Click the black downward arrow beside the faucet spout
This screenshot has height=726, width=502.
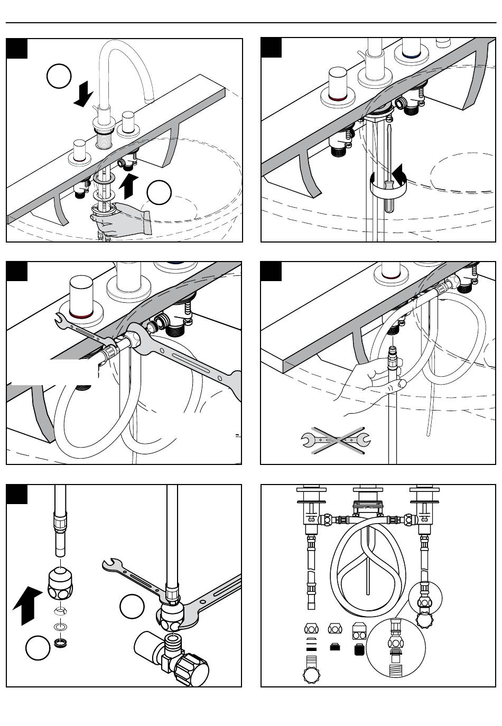(83, 95)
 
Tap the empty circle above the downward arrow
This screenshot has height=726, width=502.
(59, 77)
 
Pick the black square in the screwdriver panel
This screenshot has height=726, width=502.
(272, 48)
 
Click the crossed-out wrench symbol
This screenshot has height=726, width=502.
(336, 439)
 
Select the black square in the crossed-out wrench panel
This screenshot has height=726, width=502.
(271, 271)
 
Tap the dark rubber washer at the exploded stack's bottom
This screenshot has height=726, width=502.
(62, 643)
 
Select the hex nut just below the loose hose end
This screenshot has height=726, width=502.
(62, 583)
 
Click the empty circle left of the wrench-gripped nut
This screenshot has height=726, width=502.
(132, 607)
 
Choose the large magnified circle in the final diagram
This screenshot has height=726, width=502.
(395, 648)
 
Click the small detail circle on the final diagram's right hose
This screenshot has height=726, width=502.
(425, 597)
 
